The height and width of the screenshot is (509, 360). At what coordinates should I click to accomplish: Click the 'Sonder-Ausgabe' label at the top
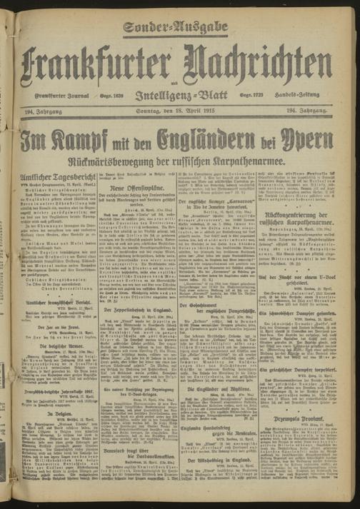(175, 28)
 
